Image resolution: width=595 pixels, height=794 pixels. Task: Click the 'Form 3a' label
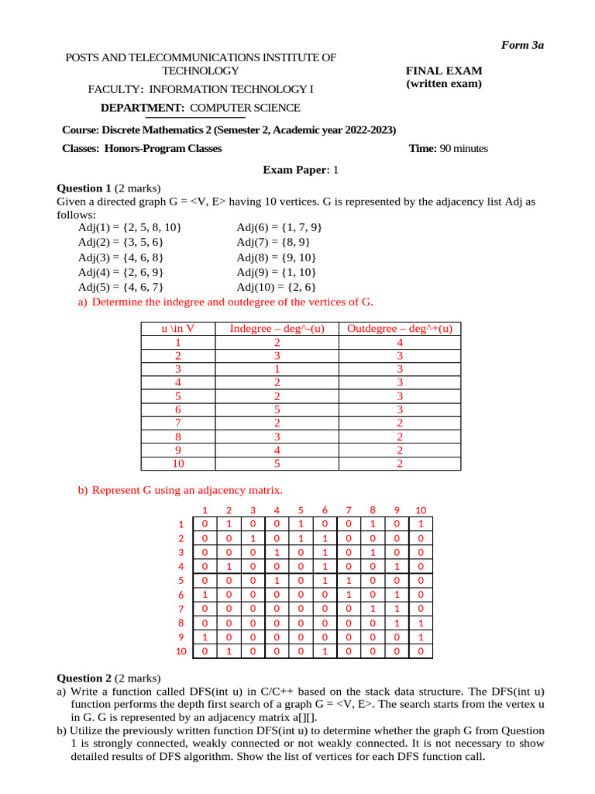click(x=524, y=45)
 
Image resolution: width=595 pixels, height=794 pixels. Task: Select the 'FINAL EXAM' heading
click(x=444, y=70)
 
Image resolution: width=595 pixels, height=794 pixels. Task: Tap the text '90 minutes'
click(x=463, y=149)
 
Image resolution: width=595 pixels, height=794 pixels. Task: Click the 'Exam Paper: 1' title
click(x=301, y=169)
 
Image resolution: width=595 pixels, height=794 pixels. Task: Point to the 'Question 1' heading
click(x=85, y=188)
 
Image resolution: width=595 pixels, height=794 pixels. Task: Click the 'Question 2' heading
click(x=85, y=678)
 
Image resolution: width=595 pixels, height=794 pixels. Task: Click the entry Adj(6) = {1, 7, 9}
click(x=279, y=227)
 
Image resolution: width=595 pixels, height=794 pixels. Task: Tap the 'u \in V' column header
click(x=178, y=329)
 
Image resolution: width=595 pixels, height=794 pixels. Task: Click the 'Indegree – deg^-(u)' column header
click(x=277, y=329)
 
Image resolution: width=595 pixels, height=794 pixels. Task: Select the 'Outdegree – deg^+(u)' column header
click(x=399, y=329)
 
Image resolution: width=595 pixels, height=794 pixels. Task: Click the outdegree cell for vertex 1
click(x=400, y=342)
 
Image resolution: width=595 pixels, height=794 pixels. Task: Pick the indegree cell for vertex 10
click(x=277, y=464)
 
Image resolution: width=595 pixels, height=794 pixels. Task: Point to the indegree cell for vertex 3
click(x=277, y=369)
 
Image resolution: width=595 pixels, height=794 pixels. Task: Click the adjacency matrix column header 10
click(x=421, y=510)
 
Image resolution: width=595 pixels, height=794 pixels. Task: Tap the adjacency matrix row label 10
click(x=181, y=651)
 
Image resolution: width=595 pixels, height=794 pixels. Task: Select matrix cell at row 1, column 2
click(x=229, y=524)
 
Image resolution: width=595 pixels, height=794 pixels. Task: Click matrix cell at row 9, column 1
click(x=205, y=637)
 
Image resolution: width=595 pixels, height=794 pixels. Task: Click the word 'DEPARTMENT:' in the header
click(x=142, y=108)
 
